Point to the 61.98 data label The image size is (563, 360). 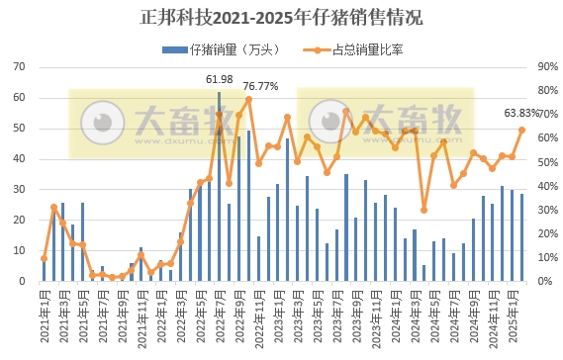point(220,79)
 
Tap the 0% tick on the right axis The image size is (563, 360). point(545,281)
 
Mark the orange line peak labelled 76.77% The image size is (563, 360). point(248,99)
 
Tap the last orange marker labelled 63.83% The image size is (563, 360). point(521,130)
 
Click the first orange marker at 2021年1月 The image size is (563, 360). point(44,258)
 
